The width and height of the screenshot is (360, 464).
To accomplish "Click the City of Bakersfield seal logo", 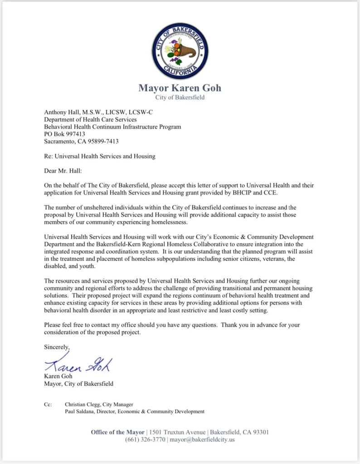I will pos(180,51).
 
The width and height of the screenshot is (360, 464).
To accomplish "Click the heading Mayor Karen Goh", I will pos(180,87).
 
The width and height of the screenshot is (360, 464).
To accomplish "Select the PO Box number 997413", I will pos(75,134).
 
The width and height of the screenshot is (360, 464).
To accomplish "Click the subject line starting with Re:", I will pos(99,156).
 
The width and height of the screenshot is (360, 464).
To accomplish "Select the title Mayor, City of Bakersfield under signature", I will pos(78,383).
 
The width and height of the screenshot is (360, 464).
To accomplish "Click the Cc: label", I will pos(48,404).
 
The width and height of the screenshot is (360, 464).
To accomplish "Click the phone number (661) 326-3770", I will pos(145,440).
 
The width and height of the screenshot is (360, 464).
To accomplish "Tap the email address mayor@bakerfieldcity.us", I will pos(202,440).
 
